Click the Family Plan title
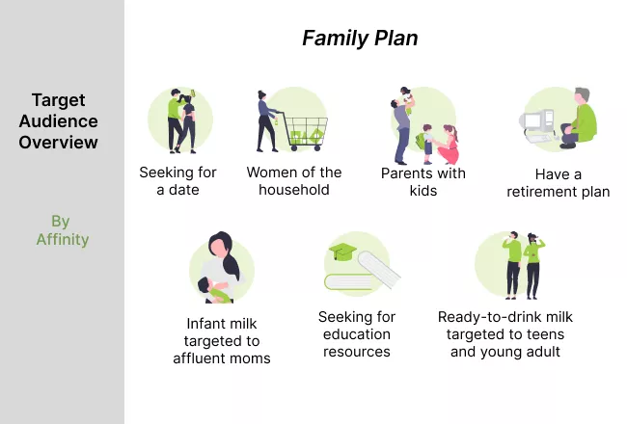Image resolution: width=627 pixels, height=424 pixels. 360,39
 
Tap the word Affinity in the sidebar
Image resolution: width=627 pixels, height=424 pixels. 63,239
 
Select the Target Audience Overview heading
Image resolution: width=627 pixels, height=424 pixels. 59,121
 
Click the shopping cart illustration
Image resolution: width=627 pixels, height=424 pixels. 304,131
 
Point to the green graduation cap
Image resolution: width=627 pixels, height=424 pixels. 342,252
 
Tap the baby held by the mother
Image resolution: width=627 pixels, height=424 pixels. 215,290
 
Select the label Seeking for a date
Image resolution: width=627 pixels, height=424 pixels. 177,181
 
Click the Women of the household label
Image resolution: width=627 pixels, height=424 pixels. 294,181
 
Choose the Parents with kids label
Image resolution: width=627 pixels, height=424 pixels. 423,182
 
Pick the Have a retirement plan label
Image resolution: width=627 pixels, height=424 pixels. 559,183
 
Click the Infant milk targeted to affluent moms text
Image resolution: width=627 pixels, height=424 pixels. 222,341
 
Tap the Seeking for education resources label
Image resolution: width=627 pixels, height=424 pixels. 357,334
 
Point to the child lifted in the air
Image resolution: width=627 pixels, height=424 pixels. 407,100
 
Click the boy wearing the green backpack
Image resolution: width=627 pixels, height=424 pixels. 426,144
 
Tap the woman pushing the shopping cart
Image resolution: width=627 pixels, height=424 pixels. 266,121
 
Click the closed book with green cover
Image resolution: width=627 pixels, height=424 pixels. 348,282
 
